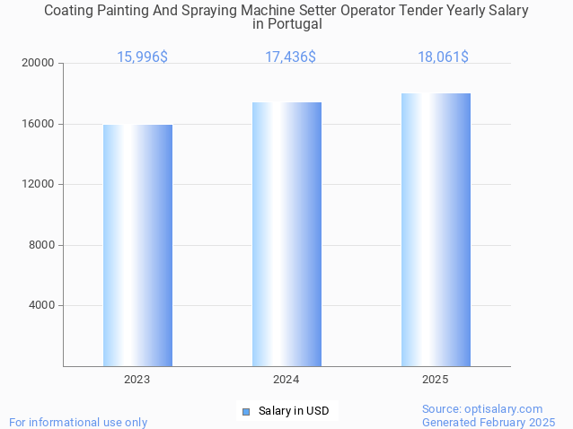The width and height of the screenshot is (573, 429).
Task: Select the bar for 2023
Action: coord(137,245)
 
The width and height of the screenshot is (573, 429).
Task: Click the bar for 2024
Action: coord(286,234)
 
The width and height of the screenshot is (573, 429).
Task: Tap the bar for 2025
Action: coord(436,230)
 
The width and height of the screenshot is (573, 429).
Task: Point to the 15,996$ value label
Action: coord(142,57)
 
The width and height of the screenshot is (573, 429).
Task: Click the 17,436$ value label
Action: coord(290,57)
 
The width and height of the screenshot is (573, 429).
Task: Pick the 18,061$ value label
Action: coord(443,57)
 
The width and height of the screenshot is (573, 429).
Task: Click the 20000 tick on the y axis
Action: coord(40,64)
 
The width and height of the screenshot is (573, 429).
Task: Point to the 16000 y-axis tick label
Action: coord(40,124)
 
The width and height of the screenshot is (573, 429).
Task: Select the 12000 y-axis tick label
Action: coord(40,185)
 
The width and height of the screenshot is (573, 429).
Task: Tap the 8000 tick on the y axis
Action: coord(42,245)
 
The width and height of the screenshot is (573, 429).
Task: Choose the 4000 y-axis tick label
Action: coord(42,305)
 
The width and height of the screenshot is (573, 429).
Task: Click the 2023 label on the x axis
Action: coord(137,380)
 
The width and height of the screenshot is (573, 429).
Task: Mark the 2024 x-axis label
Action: coord(286,380)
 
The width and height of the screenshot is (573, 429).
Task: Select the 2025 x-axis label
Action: coord(436,380)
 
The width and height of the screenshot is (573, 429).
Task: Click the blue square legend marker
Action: coord(245,412)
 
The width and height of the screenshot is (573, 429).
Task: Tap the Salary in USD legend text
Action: coord(294,411)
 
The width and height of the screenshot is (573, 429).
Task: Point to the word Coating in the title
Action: coord(70,11)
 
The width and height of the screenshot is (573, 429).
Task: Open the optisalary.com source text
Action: coord(482,408)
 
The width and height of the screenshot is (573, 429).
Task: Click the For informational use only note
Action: coord(78,422)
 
